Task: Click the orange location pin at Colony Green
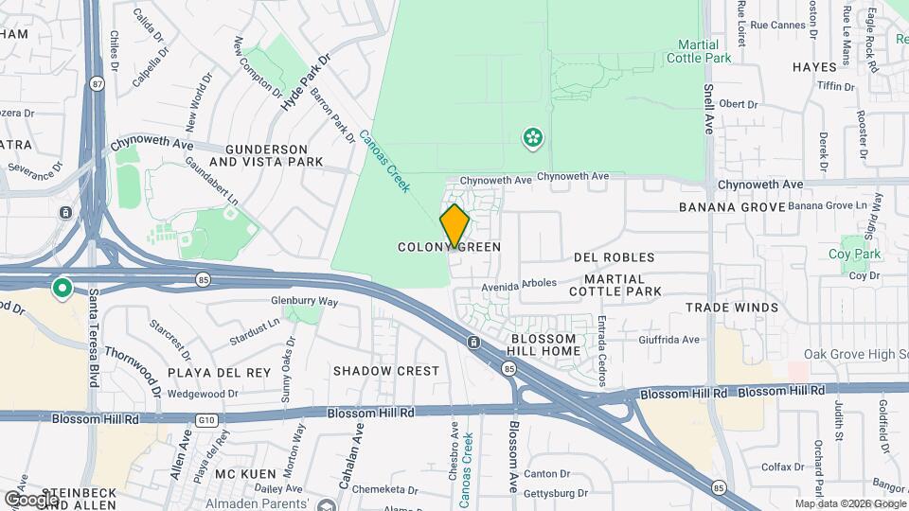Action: (454, 225)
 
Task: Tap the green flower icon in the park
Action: (533, 139)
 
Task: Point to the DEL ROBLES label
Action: (615, 257)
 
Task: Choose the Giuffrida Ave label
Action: (668, 340)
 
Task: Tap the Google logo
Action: (31, 499)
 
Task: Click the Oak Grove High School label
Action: (856, 354)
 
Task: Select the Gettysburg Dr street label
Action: (555, 493)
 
